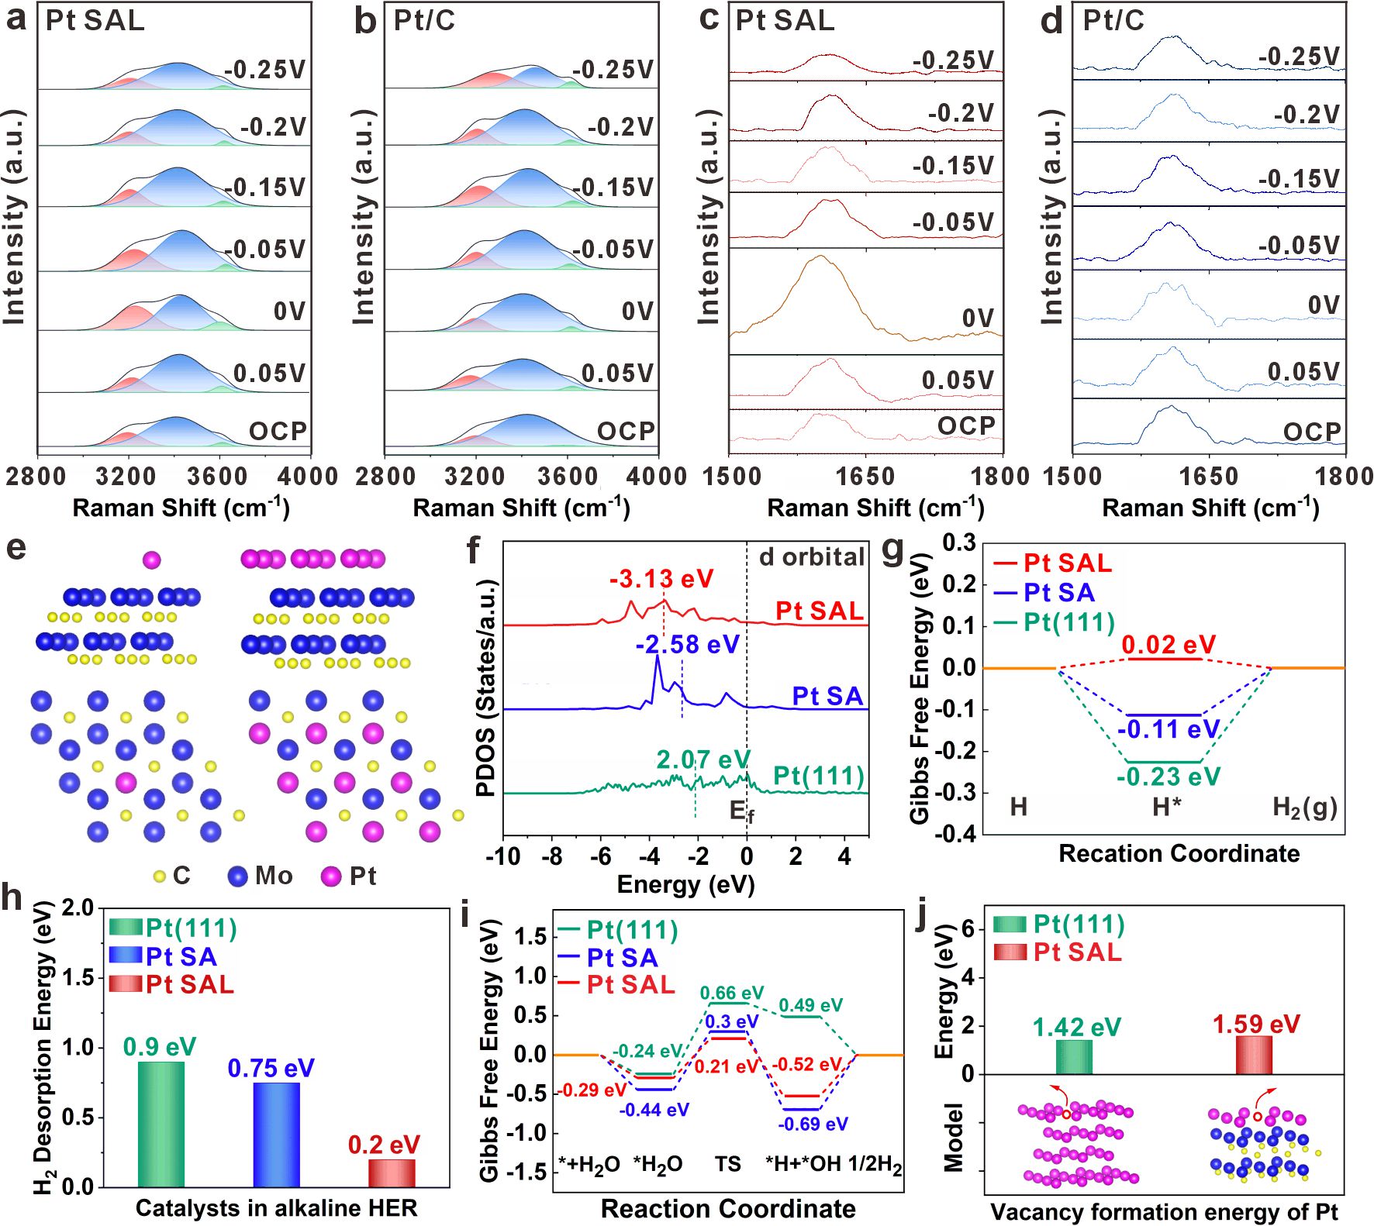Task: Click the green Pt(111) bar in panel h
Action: pos(161,1124)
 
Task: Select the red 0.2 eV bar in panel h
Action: pos(392,1173)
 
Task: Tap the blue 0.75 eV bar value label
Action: pos(271,1069)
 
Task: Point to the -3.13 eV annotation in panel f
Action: pos(661,579)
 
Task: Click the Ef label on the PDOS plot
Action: pos(741,811)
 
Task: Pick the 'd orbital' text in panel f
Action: pos(811,557)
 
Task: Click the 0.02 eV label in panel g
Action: pos(1169,645)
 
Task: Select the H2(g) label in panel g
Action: pos(1305,808)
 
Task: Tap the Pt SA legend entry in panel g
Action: pos(1058,593)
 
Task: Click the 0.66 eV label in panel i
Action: pos(731,993)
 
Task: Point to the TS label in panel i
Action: pos(727,1164)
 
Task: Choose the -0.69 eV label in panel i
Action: pos(813,1124)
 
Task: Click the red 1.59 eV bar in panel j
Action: pos(1254,1055)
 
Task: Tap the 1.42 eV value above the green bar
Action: pos(1076,1028)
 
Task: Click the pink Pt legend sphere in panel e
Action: pos(331,876)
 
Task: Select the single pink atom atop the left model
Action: pos(152,560)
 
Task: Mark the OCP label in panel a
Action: pos(278,431)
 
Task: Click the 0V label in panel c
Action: pos(978,319)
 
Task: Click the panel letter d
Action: pos(1051,22)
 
